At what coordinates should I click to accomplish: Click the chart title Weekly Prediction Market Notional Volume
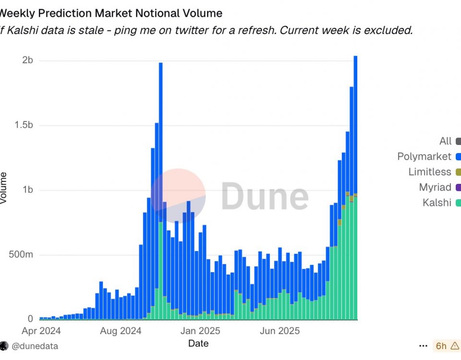point(111,13)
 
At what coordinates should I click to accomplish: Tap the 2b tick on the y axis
point(28,60)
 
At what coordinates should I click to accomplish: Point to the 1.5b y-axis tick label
point(23,125)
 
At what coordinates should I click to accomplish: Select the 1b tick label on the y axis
point(27,190)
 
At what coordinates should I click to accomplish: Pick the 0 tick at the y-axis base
point(30,319)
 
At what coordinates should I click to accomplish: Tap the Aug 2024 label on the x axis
point(121,331)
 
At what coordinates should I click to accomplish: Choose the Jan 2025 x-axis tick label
point(200,331)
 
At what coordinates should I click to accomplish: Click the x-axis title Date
point(198,343)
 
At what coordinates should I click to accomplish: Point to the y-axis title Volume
point(4,188)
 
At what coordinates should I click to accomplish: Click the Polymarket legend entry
point(424,156)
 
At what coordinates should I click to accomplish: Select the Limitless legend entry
point(430,172)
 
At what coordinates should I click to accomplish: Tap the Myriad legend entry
point(435,187)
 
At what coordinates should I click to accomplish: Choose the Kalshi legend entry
point(437,203)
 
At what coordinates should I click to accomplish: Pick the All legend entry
point(446,141)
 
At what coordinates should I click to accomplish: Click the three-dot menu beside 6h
point(423,346)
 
